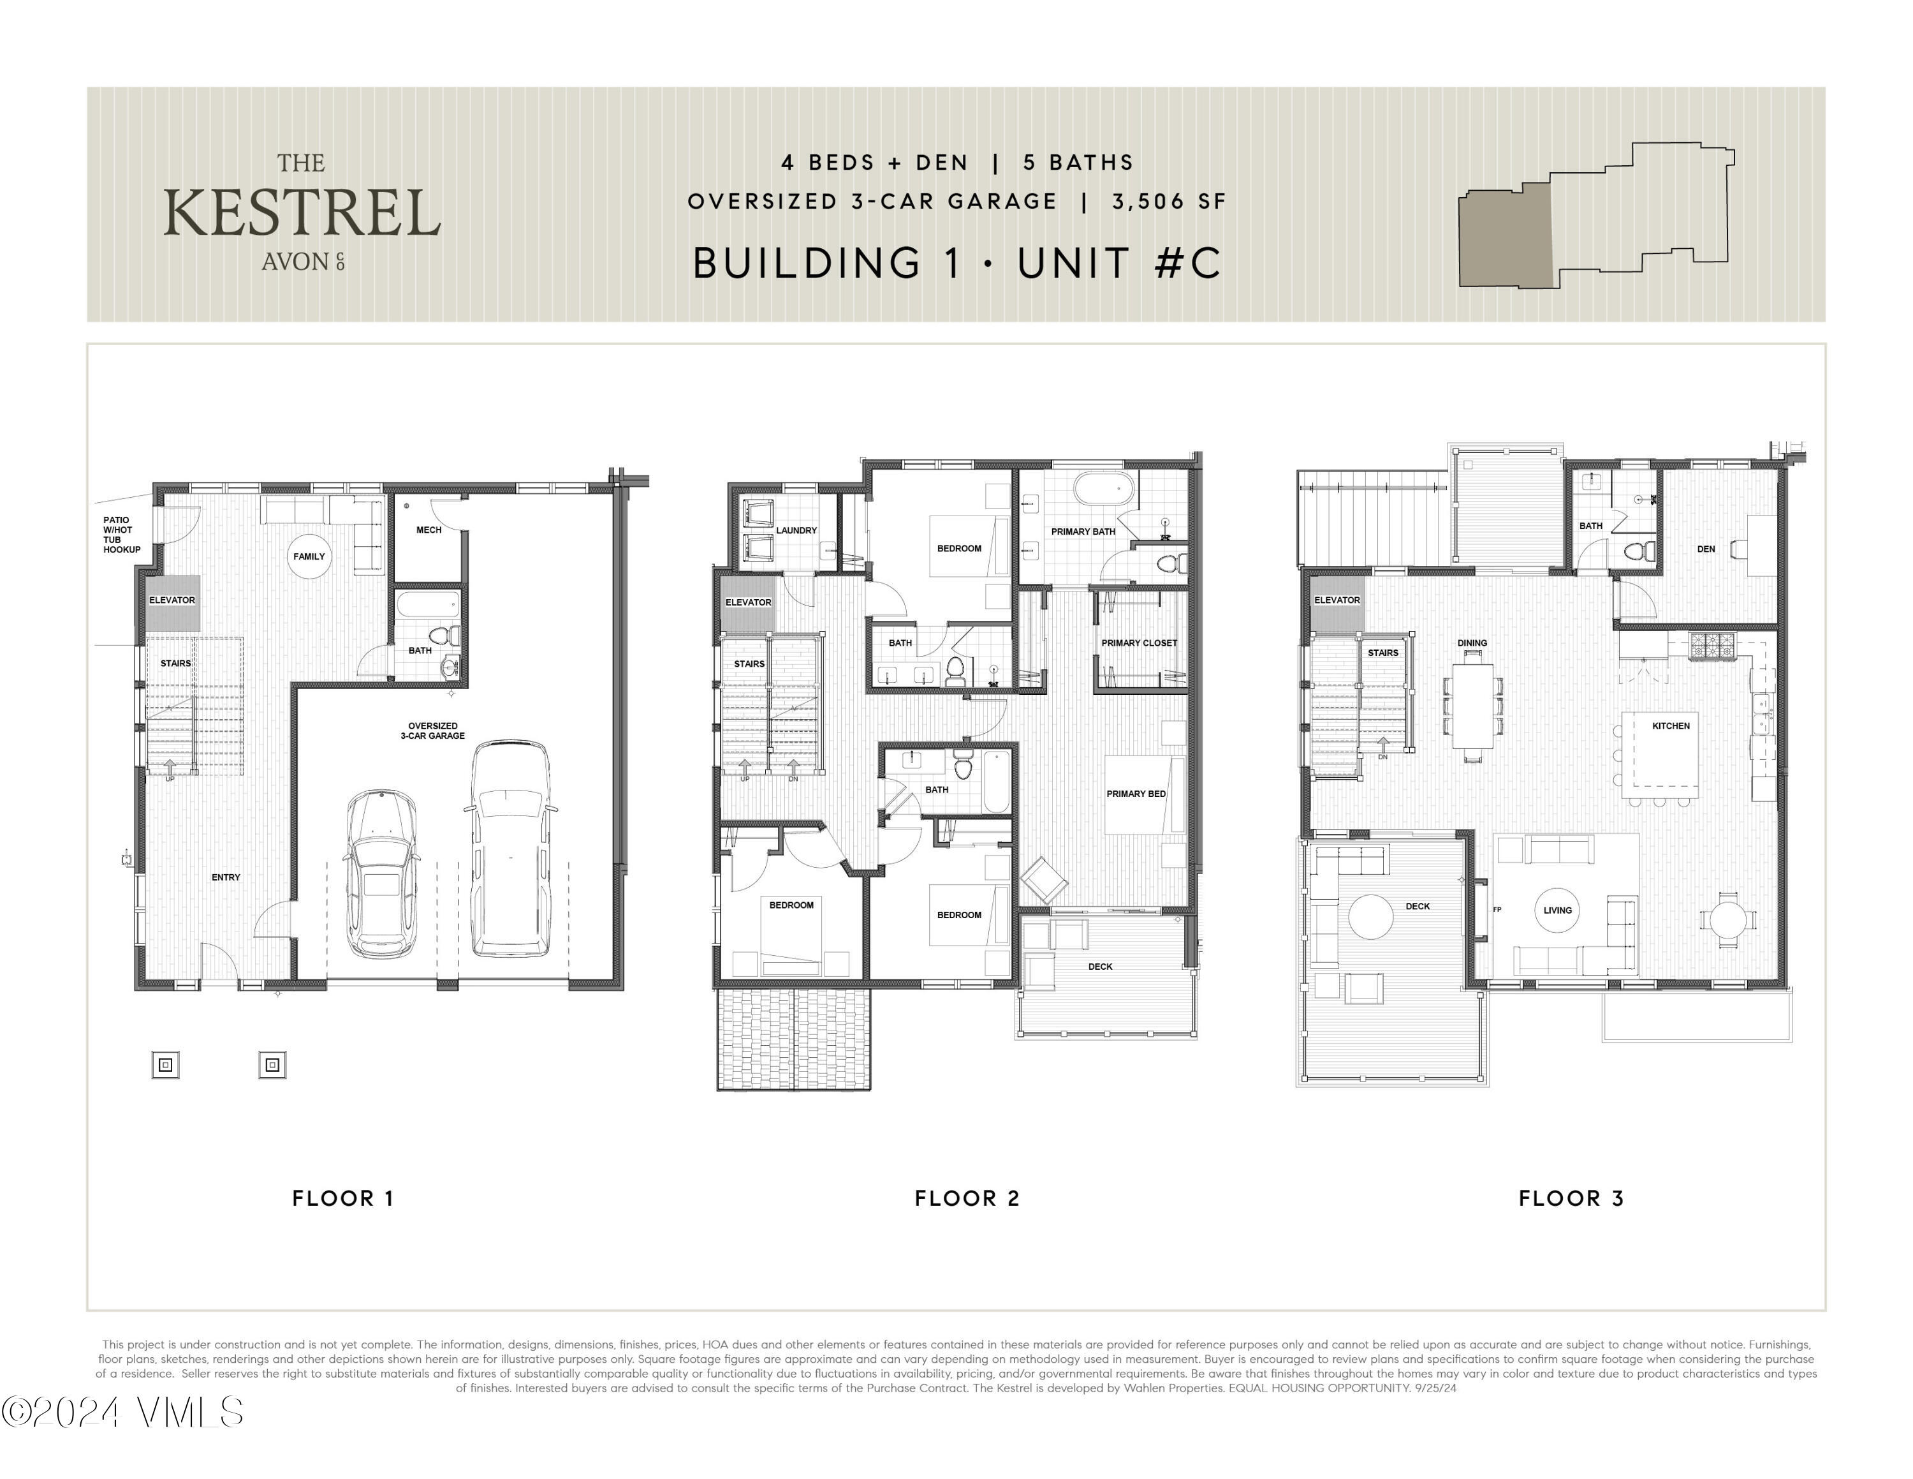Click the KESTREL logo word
[302, 213]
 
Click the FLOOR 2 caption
[967, 1198]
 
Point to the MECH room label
[429, 530]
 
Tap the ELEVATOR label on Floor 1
[172, 600]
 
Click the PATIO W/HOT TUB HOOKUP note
[121, 535]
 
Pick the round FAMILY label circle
[309, 556]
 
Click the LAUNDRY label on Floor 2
[796, 530]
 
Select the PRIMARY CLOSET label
[1139, 643]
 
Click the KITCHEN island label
[1671, 725]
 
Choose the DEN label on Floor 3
[1705, 549]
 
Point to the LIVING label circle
[1557, 910]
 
